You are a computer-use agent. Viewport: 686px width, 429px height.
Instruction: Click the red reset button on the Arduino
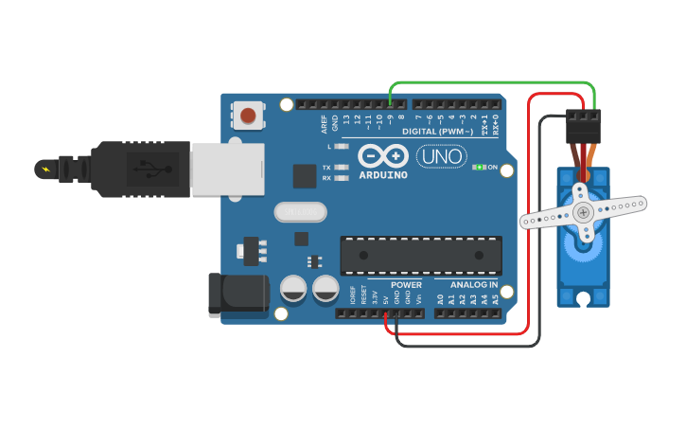coord(248,116)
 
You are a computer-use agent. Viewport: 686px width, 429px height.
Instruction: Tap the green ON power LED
coord(479,168)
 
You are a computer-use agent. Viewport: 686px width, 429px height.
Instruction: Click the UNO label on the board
coord(441,156)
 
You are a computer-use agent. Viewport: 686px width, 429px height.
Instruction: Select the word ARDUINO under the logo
coord(383,175)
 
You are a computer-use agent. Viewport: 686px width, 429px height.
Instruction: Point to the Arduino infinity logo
coord(383,156)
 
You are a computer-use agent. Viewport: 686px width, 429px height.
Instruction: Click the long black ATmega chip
coord(421,256)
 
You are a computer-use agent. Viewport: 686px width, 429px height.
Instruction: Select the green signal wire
coord(492,84)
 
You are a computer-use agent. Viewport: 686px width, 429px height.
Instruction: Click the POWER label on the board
coord(406,285)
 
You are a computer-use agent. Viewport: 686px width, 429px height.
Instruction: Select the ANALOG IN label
coord(473,285)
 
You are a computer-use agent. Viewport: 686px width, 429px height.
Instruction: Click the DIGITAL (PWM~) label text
coord(441,132)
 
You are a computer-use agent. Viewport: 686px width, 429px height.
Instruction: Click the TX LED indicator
coord(342,168)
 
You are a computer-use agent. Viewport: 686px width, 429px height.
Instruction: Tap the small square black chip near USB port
coord(305,176)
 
